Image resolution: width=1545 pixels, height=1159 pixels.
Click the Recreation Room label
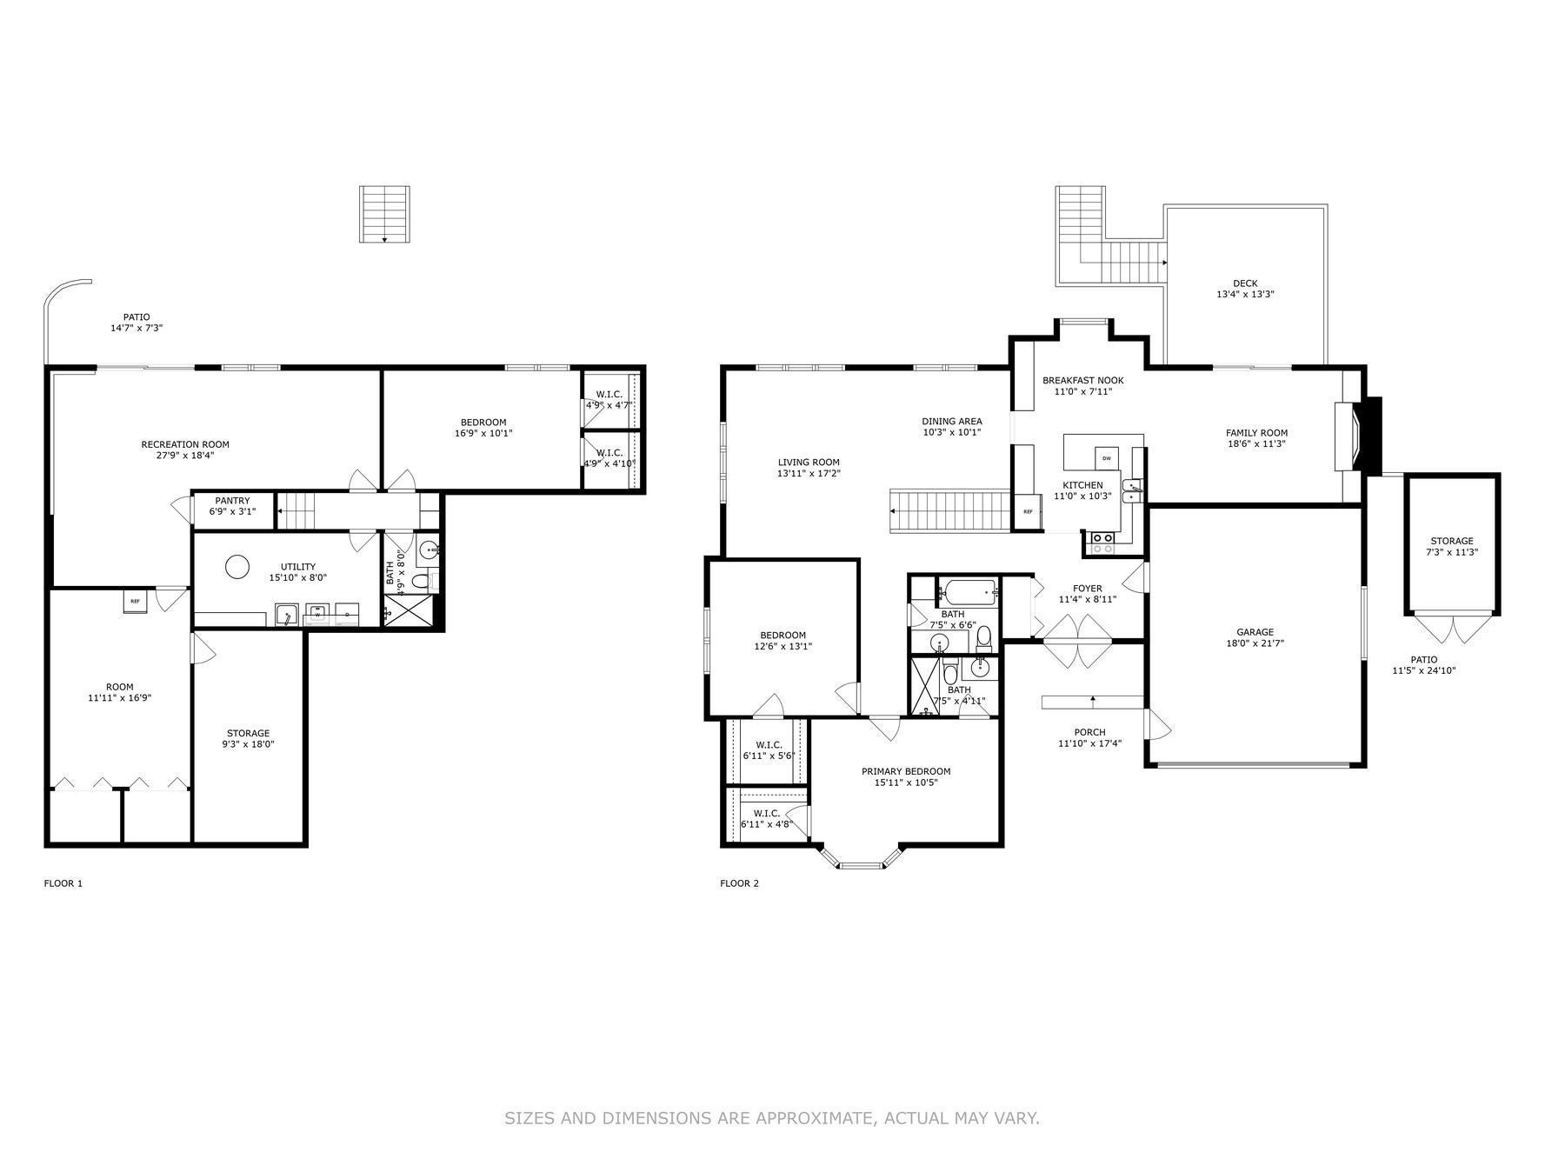point(185,444)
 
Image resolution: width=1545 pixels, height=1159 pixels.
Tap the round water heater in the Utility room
point(237,568)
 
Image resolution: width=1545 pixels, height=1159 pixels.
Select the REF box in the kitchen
point(1028,512)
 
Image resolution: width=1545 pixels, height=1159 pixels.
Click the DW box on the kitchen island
point(1107,457)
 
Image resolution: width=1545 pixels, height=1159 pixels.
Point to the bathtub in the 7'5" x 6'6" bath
point(968,593)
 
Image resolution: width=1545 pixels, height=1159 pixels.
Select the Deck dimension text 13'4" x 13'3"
point(1245,295)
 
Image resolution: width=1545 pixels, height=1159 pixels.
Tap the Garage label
point(1255,632)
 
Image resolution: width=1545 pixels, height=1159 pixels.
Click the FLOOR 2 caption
point(739,883)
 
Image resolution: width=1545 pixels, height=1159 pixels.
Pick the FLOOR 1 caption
point(63,883)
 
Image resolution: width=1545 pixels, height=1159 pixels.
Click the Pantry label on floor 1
point(232,501)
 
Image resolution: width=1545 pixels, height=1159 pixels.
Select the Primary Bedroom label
point(906,771)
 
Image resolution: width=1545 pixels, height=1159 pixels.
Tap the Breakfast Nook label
point(1082,380)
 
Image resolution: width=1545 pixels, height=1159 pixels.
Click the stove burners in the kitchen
point(1102,544)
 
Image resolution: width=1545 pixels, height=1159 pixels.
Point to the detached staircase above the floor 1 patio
point(384,214)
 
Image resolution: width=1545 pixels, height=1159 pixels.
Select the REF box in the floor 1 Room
point(135,601)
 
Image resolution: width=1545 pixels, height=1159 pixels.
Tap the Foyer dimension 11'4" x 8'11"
point(1087,599)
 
